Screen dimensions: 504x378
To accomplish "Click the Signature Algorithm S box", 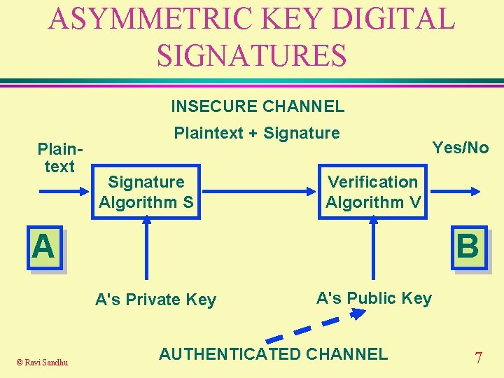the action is click(146, 192).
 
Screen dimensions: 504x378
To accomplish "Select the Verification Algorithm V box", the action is click(373, 192).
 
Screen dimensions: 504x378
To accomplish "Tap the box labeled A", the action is click(43, 248).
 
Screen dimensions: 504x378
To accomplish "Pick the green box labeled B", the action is click(468, 248).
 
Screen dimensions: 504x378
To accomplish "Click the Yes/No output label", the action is click(460, 148).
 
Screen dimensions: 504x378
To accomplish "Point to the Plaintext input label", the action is click(59, 158).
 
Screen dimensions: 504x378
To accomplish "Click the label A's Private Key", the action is click(155, 300).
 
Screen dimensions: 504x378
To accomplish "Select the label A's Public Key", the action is click(374, 298).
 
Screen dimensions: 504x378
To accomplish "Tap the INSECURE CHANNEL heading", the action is click(258, 106).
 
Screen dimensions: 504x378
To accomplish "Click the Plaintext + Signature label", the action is click(256, 133).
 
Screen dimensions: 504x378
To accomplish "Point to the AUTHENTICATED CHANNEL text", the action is click(273, 353).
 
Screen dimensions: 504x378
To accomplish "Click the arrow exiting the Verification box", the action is click(454, 190).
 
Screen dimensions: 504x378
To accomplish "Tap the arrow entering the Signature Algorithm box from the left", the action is click(66, 190).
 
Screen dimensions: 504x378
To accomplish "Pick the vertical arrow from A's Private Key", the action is click(147, 248).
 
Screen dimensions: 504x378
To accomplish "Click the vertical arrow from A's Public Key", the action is click(373, 248).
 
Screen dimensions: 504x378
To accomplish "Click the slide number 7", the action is click(478, 358).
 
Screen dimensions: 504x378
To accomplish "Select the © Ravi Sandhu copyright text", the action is click(43, 362).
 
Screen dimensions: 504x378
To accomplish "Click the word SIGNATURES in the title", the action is click(251, 55).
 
